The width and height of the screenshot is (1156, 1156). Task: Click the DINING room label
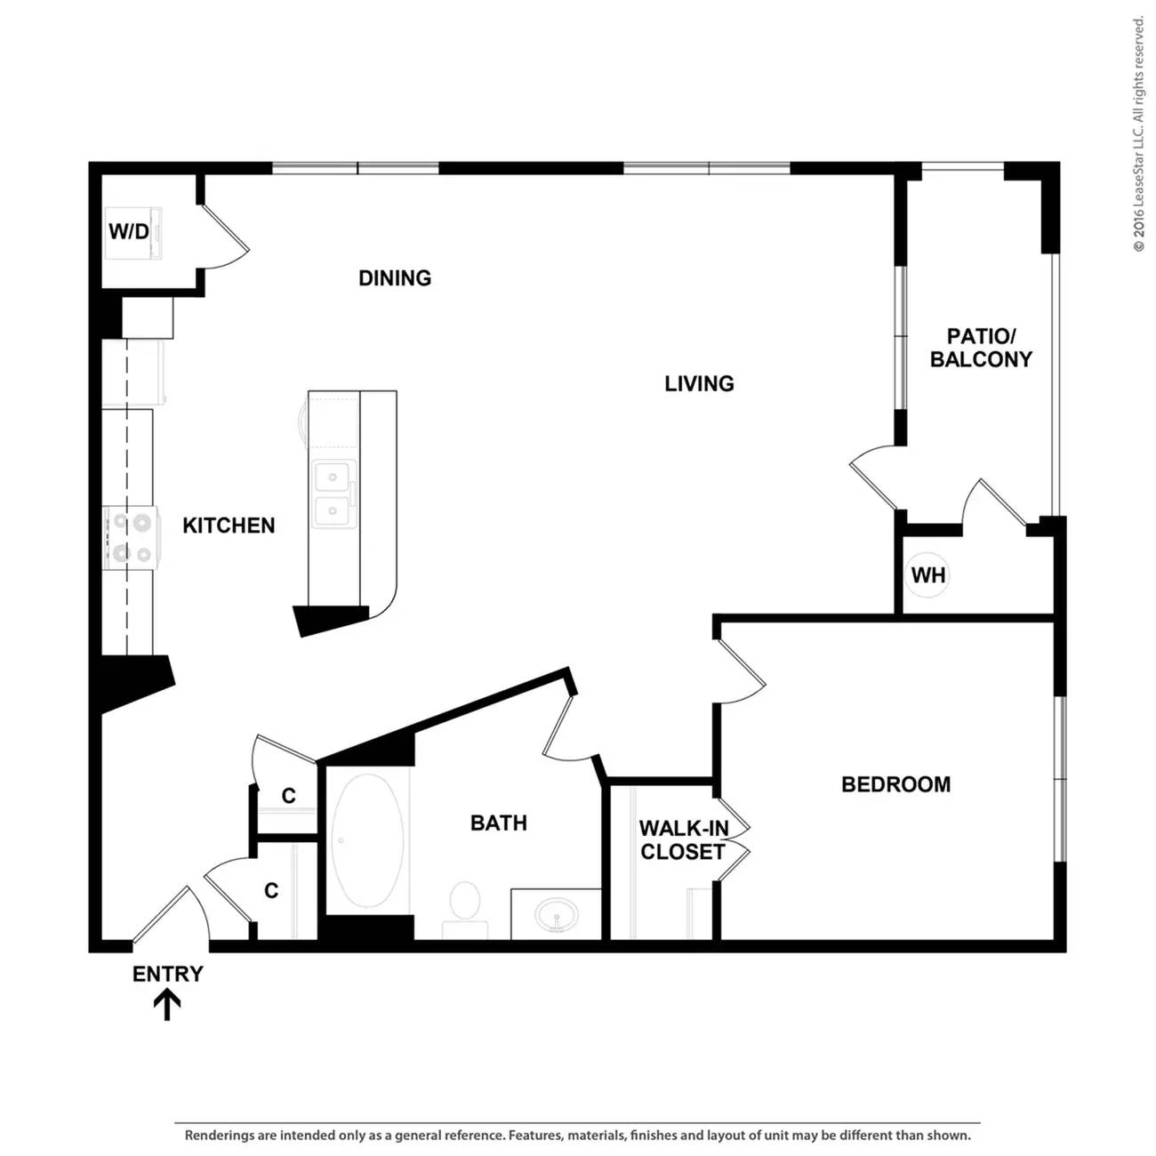394,277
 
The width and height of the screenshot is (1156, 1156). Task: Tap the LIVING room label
699,383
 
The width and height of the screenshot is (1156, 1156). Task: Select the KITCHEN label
229,526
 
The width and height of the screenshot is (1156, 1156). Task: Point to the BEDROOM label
895,784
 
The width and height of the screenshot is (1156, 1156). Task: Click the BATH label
499,823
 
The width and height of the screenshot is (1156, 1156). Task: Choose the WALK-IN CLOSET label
683,839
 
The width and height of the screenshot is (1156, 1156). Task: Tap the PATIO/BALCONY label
981,348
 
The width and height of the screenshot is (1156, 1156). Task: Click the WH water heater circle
928,575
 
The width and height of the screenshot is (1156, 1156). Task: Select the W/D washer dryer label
128,231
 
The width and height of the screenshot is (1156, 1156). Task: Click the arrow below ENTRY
167,1005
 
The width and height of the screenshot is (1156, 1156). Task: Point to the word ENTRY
167,974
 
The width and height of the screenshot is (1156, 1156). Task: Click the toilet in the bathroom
465,908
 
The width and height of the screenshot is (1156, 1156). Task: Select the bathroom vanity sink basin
558,916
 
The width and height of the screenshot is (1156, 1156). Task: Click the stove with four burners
131,537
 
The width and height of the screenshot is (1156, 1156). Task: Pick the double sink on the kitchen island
334,495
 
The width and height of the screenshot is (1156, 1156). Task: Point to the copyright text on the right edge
1138,134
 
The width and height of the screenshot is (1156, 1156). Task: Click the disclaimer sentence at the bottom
578,1135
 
